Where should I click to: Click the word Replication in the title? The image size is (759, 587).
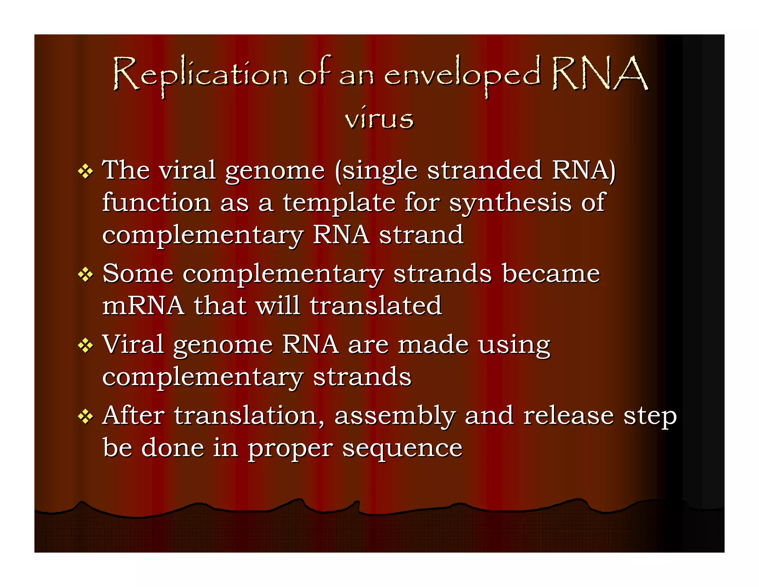coord(200,74)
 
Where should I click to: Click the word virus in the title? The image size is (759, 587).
coord(379,119)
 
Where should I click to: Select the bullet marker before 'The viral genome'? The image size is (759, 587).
coord(86,171)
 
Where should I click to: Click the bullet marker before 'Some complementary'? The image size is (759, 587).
coord(86,275)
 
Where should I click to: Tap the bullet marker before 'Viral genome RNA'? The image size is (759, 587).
coord(86,346)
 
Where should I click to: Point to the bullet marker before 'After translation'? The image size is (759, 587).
coord(86,417)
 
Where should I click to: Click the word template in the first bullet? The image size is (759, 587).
coord(339,203)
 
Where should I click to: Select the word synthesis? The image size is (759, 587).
coord(510,203)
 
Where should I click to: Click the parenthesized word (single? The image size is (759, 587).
coord(376,171)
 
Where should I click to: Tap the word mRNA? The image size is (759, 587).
coord(143,306)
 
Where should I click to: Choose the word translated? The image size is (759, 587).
coord(375,306)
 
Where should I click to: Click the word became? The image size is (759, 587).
coord(551,274)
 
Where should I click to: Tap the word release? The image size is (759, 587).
coord(569,416)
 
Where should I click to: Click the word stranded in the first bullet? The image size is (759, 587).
coord(485,170)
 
